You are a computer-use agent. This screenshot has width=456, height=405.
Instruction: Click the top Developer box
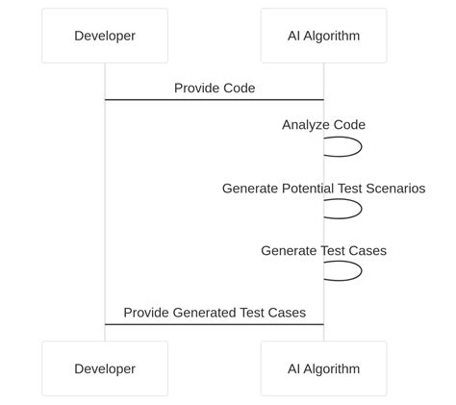point(104,37)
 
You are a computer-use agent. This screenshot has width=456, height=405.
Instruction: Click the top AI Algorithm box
point(323,37)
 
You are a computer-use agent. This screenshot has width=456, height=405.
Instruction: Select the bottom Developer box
point(104,368)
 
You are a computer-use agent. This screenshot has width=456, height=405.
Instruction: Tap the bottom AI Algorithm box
point(323,368)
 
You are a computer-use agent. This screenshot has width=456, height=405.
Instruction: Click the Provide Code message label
point(215,89)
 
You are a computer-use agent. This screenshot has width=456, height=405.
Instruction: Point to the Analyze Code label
point(323,125)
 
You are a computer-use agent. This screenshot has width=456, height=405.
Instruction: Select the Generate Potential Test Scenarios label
point(323,189)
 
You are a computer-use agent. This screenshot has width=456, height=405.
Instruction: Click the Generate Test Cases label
point(323,251)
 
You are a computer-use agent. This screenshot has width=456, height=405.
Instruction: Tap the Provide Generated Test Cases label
point(215,313)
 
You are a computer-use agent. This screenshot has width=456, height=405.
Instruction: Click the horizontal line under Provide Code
point(214,99)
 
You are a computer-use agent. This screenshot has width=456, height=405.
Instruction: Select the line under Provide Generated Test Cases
point(214,324)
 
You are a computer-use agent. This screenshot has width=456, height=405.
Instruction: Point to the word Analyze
point(304,125)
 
